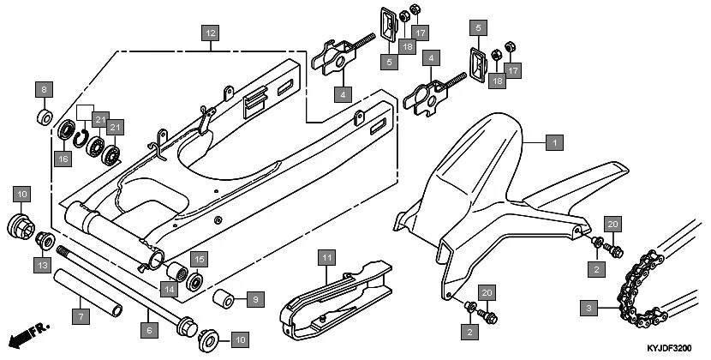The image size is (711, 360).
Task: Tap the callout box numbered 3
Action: coord(588,306)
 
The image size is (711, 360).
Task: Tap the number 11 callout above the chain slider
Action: coord(326,257)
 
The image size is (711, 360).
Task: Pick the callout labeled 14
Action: coord(170,289)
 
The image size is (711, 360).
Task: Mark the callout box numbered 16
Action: coord(63,158)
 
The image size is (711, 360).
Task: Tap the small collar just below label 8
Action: coord(45,115)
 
